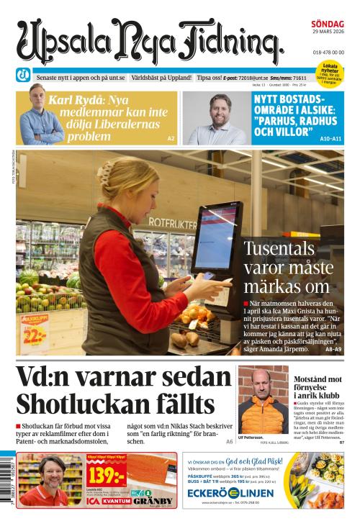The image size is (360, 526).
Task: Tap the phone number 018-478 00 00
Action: click(x=328, y=53)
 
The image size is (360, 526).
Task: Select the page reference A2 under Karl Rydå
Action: click(x=171, y=138)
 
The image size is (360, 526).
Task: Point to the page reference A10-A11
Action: click(x=331, y=138)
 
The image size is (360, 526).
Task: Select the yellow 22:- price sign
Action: click(x=34, y=334)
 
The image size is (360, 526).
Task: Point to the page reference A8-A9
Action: click(x=333, y=348)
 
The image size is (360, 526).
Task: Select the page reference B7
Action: click(x=341, y=441)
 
